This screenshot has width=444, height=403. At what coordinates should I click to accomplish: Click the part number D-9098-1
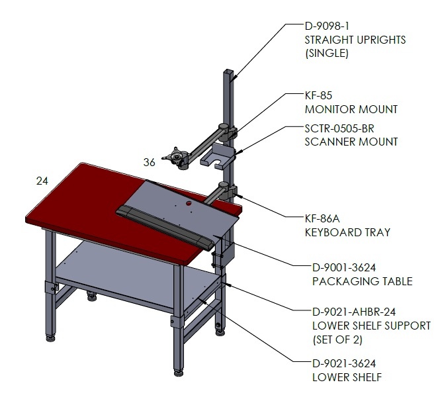[x=327, y=26]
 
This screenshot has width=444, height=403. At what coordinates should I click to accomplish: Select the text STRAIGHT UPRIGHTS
[x=355, y=40]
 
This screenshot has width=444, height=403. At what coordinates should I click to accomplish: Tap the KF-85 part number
[x=318, y=95]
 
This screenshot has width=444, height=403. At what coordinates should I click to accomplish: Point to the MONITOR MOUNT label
[x=351, y=109]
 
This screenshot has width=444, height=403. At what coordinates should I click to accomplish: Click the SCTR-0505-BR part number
[x=339, y=128]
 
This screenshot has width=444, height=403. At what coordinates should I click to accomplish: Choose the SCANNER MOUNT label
[x=351, y=142]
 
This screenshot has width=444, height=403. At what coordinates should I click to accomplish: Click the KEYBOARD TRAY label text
[x=347, y=232]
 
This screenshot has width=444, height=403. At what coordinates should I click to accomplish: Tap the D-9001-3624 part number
[x=344, y=267]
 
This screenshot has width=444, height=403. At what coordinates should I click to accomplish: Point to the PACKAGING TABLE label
[x=362, y=281]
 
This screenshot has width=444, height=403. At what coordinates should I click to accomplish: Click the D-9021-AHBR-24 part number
[x=354, y=312]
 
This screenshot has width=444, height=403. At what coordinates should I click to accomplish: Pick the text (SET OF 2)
[x=337, y=339]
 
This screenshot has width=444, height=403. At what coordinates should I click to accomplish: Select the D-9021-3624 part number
[x=344, y=363]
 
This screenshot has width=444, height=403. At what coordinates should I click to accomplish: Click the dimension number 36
[x=150, y=162]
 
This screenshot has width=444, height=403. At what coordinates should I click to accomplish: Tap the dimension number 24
[x=42, y=181]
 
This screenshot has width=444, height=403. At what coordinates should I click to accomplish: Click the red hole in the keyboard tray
[x=189, y=203]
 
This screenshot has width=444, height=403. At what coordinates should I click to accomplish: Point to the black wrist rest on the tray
[x=165, y=227]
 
